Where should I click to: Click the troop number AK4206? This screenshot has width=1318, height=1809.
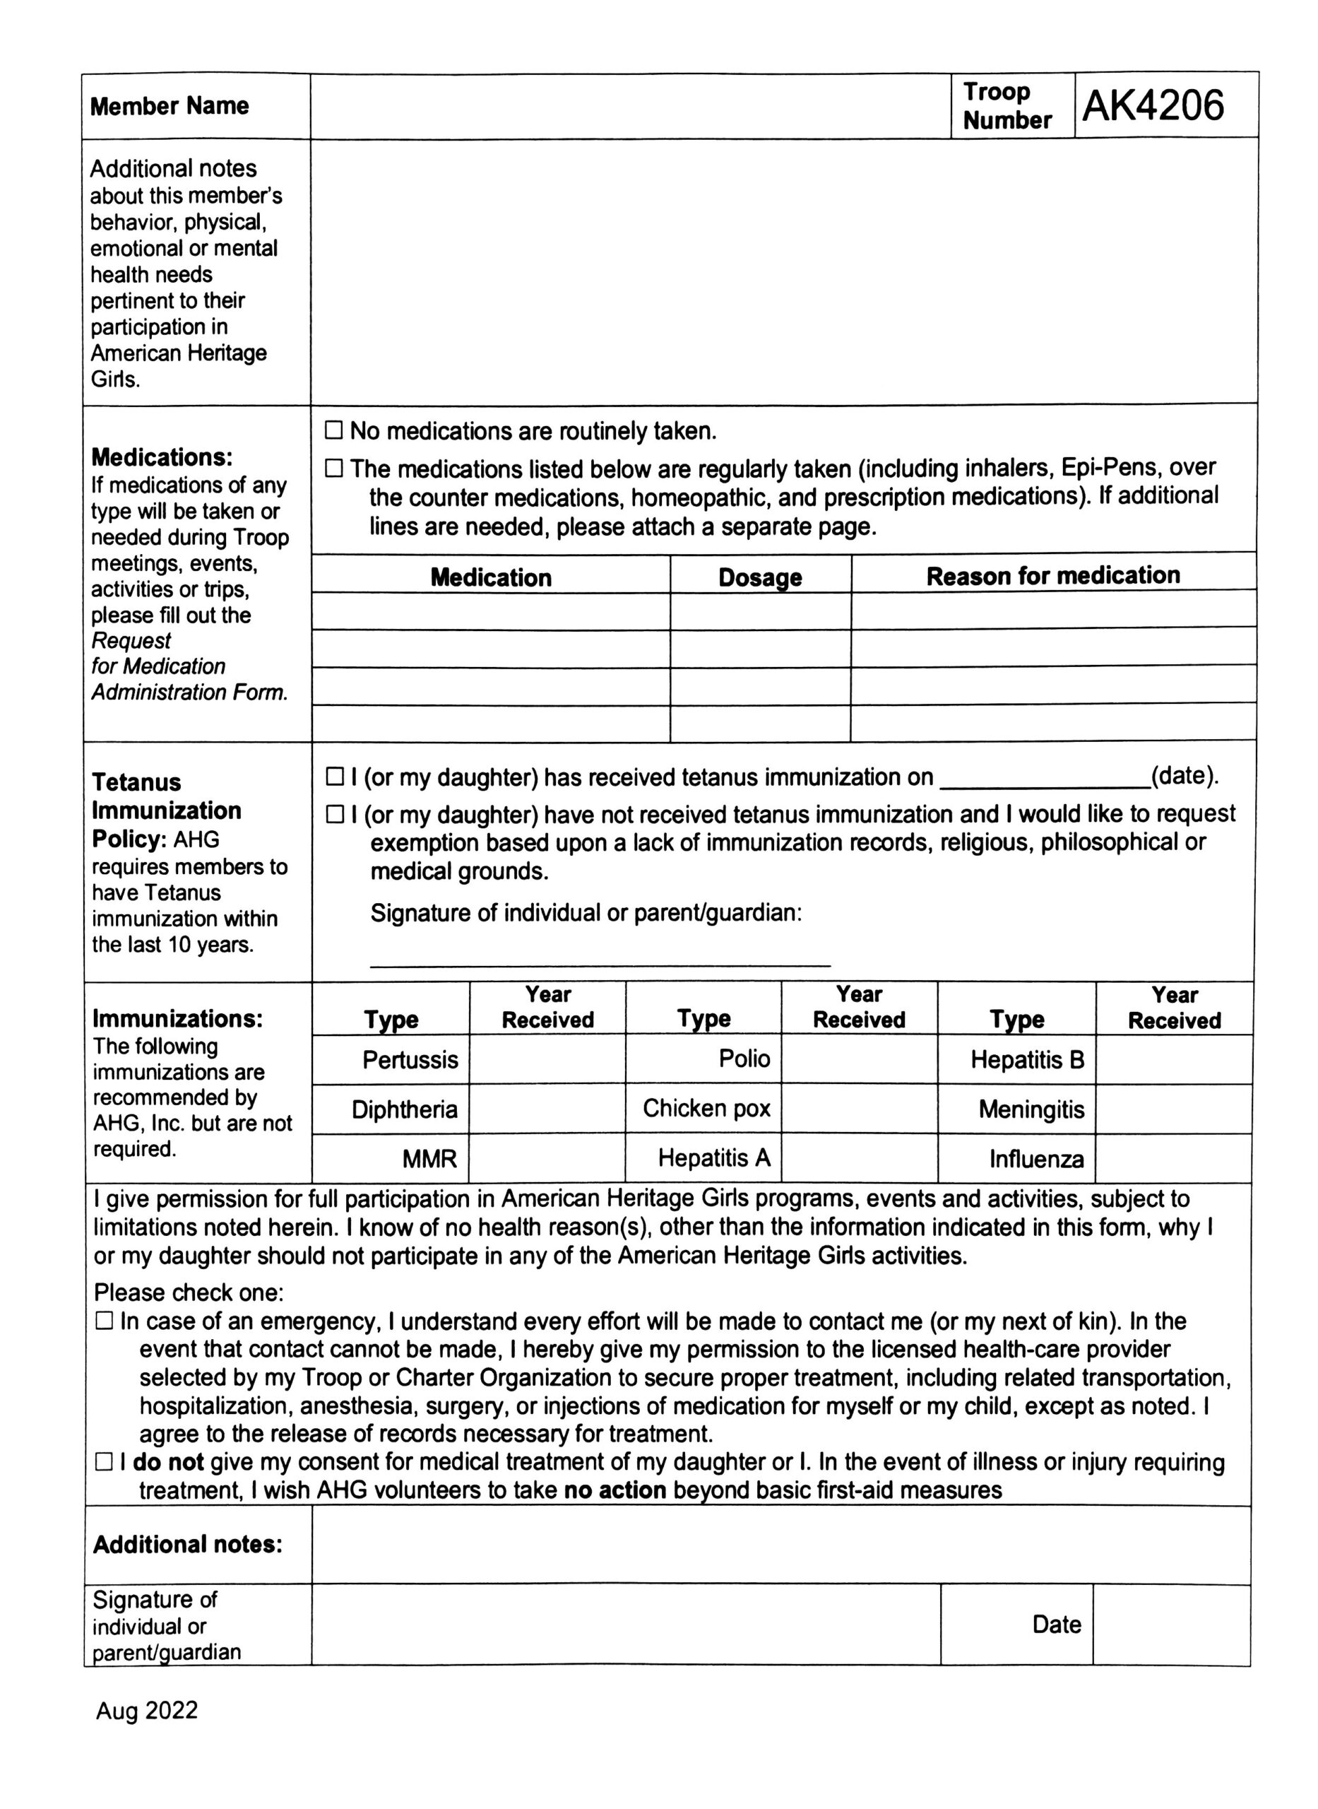pos(1152,105)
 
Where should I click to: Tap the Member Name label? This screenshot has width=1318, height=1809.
pos(169,106)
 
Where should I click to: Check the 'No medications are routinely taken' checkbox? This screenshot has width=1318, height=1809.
pos(333,431)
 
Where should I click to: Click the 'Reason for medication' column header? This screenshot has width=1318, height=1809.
pos(1052,575)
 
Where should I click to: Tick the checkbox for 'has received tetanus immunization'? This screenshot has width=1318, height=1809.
pos(334,777)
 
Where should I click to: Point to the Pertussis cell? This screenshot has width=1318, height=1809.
pos(410,1060)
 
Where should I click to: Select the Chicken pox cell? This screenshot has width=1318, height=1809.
pos(706,1109)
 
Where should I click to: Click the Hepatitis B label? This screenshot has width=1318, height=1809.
pos(1027,1060)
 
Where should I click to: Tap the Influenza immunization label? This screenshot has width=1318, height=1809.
pos(1036,1159)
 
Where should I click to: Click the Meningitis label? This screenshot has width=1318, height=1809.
pos(1031,1109)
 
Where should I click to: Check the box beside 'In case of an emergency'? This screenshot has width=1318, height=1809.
pos(104,1321)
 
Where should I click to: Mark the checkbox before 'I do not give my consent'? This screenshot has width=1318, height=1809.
pos(104,1462)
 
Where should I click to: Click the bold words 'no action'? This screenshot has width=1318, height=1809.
pos(615,1490)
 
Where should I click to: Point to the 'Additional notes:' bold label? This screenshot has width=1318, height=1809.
pos(187,1544)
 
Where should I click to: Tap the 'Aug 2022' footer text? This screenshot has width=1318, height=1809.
pos(147,1710)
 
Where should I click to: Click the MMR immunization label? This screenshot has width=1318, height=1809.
pos(429,1159)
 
